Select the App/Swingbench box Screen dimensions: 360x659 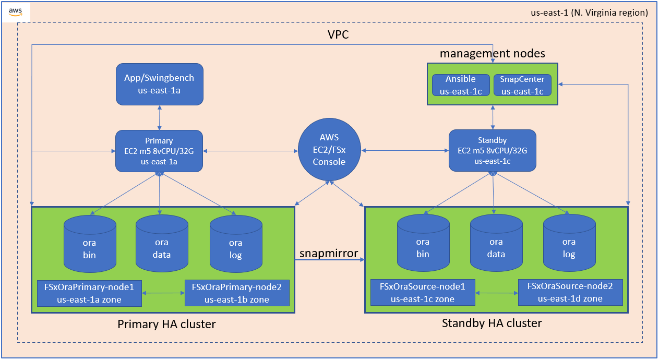[159, 84]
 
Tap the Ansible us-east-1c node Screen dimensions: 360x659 [460, 85]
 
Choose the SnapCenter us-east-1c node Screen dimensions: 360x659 [522, 85]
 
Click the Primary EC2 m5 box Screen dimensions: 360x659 [159, 151]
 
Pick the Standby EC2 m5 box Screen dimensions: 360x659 [493, 151]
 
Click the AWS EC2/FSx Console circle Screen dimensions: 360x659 [329, 150]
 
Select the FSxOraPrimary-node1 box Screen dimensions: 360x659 [90, 293]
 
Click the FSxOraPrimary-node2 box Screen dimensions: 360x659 [237, 293]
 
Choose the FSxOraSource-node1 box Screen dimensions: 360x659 [423, 293]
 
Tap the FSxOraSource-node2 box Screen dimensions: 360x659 [570, 292]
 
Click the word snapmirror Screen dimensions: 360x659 [329, 254]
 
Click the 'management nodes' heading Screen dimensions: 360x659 [492, 53]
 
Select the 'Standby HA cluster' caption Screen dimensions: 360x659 [492, 323]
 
